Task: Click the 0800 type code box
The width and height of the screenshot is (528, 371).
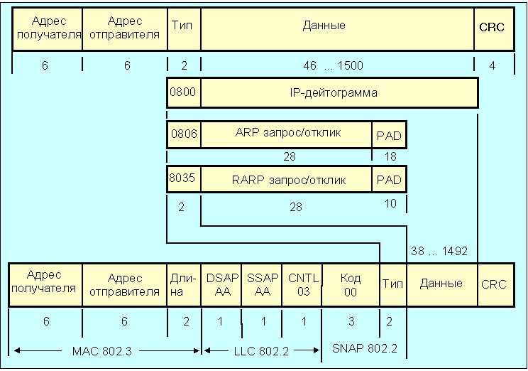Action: point(183,93)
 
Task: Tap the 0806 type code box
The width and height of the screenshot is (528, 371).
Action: point(183,134)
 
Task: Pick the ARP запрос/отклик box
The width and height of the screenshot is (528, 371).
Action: point(286,134)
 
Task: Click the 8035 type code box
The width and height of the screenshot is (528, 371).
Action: point(183,179)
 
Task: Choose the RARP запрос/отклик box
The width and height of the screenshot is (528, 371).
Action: point(286,179)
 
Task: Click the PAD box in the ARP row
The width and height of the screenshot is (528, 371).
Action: point(388,134)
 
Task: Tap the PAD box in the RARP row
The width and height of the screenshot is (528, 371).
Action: point(388,179)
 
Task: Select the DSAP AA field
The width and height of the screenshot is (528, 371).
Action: point(221,284)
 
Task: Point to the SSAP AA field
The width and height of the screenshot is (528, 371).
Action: point(262,284)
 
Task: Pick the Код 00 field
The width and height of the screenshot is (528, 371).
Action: point(351,284)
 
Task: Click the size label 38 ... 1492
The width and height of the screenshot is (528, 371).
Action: point(439,250)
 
